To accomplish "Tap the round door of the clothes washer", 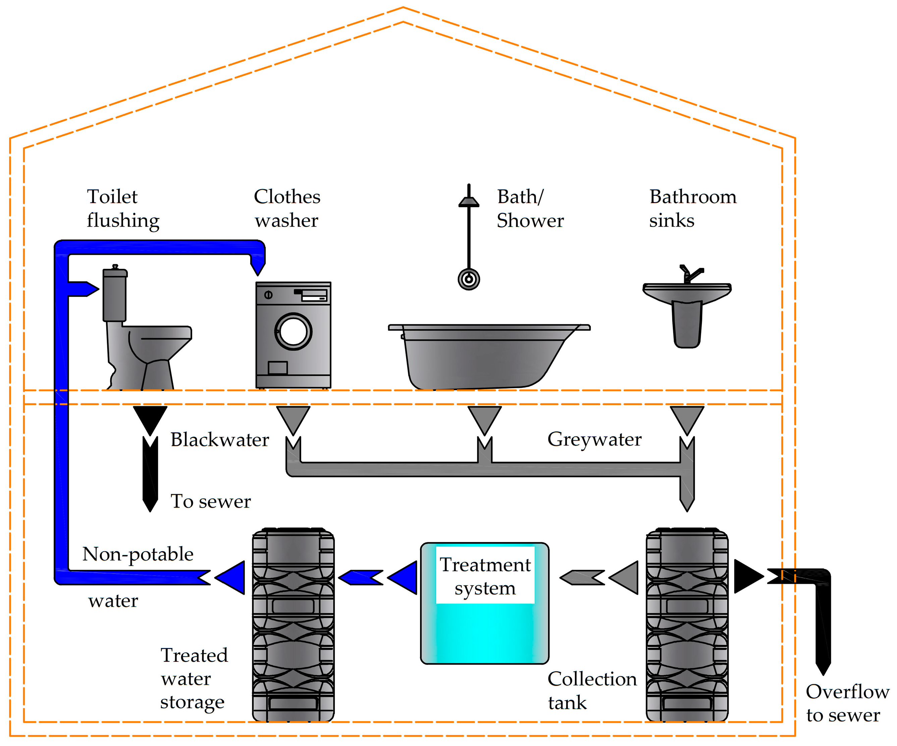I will pos(293,332).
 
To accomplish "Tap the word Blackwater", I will pos(219,439).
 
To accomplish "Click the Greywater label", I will pos(594,439).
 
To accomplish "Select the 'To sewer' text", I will pos(211,501).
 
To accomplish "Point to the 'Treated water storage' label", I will pos(194,679).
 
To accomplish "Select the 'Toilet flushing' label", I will pos(122,208).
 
